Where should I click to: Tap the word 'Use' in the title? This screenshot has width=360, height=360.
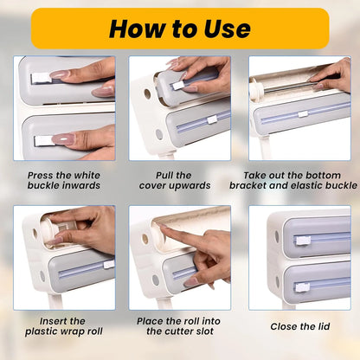(x=222, y=28)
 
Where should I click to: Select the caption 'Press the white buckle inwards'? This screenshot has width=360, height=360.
(x=64, y=179)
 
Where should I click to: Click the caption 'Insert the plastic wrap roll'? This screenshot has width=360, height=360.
(x=64, y=325)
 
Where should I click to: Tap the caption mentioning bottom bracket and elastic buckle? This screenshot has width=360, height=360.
(x=299, y=179)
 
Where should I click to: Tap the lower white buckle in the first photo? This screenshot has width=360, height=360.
(x=43, y=138)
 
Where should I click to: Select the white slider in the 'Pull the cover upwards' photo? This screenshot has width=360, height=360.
(x=211, y=119)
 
